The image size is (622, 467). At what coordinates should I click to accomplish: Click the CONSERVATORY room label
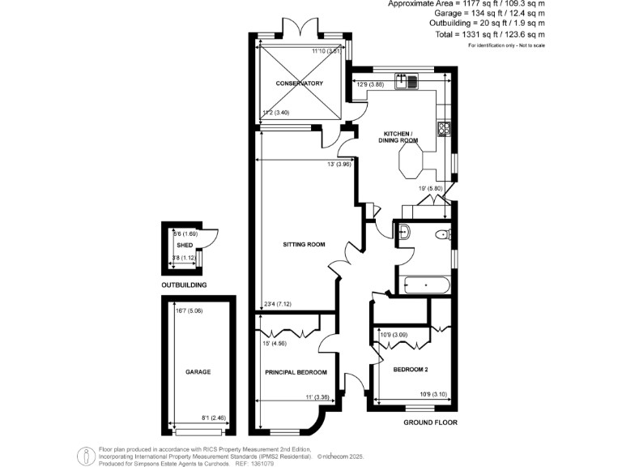click(x=299, y=84)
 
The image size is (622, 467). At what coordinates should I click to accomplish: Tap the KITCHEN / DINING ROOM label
click(x=398, y=136)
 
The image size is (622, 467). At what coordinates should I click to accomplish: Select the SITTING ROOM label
click(x=304, y=244)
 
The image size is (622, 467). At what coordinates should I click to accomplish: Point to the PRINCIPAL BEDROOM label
click(x=296, y=372)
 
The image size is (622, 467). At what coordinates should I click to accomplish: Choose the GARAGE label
click(x=198, y=371)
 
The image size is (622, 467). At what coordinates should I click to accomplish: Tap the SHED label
click(x=184, y=243)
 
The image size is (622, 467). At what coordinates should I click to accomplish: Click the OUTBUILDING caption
click(x=184, y=285)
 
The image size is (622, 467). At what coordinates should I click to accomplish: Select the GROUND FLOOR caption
click(x=430, y=422)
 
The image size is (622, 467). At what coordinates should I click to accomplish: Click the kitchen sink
click(x=406, y=80)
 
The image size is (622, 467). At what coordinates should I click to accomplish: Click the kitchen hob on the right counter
click(x=444, y=127)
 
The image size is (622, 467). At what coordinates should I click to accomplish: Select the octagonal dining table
click(x=408, y=167)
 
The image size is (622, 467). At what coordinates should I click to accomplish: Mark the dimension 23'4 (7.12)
click(x=278, y=305)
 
